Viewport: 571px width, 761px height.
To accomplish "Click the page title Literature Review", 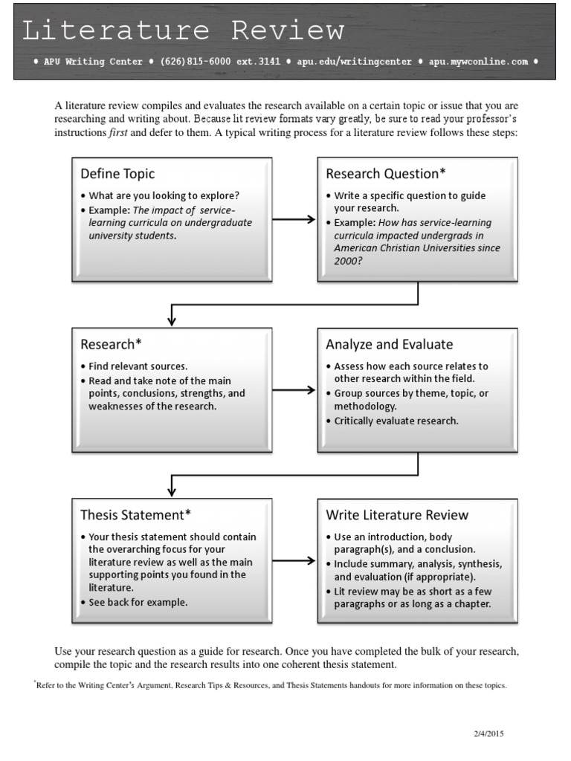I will (183, 30).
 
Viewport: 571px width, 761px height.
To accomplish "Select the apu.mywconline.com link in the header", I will (476, 62).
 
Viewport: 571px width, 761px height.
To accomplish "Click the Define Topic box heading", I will (117, 174).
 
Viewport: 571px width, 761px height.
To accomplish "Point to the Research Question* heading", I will (386, 174).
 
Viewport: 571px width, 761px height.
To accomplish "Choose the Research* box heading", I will (111, 344).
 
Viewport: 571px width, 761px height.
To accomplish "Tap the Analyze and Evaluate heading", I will (389, 344).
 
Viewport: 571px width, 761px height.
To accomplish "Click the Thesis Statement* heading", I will (136, 515).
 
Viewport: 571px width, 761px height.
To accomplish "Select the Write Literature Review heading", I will (397, 515).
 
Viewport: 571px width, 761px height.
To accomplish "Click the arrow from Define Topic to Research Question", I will (294, 219).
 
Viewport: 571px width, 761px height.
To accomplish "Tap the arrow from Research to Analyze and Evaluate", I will (294, 389).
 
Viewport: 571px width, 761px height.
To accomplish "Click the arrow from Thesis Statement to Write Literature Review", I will (294, 560).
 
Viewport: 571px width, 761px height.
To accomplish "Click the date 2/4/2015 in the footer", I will (489, 734).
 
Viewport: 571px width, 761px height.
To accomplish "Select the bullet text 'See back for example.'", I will (138, 602).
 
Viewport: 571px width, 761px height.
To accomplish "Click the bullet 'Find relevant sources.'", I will (138, 366).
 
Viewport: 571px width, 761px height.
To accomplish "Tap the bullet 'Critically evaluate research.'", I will (396, 421).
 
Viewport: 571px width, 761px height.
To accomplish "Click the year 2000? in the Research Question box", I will (347, 262).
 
